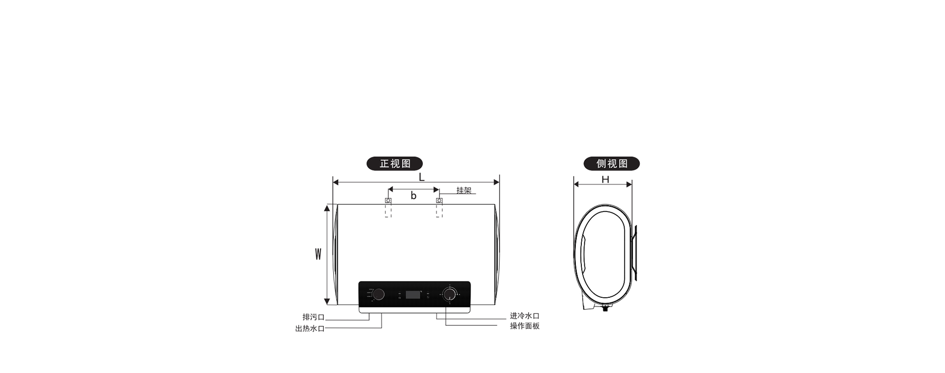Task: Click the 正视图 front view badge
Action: [394, 163]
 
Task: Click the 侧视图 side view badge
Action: [611, 163]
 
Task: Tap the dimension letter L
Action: [421, 177]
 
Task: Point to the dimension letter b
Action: [413, 195]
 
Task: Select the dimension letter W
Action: [318, 254]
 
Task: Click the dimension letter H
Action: [605, 180]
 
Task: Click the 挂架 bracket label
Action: [464, 190]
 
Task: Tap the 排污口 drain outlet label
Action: [314, 317]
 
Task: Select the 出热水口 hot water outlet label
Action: [310, 329]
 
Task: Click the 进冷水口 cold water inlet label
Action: [525, 316]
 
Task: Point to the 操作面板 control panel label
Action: [525, 326]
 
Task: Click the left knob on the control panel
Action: [378, 294]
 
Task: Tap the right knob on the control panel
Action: [449, 294]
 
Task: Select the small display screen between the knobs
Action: [413, 295]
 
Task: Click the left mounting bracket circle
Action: [388, 201]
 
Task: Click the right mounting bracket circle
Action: [440, 201]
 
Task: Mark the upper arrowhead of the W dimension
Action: [326, 208]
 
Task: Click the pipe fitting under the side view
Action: [605, 309]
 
